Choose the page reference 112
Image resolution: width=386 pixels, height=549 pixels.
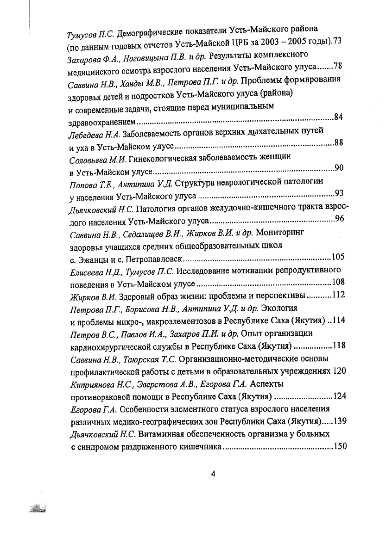click(x=339, y=295)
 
